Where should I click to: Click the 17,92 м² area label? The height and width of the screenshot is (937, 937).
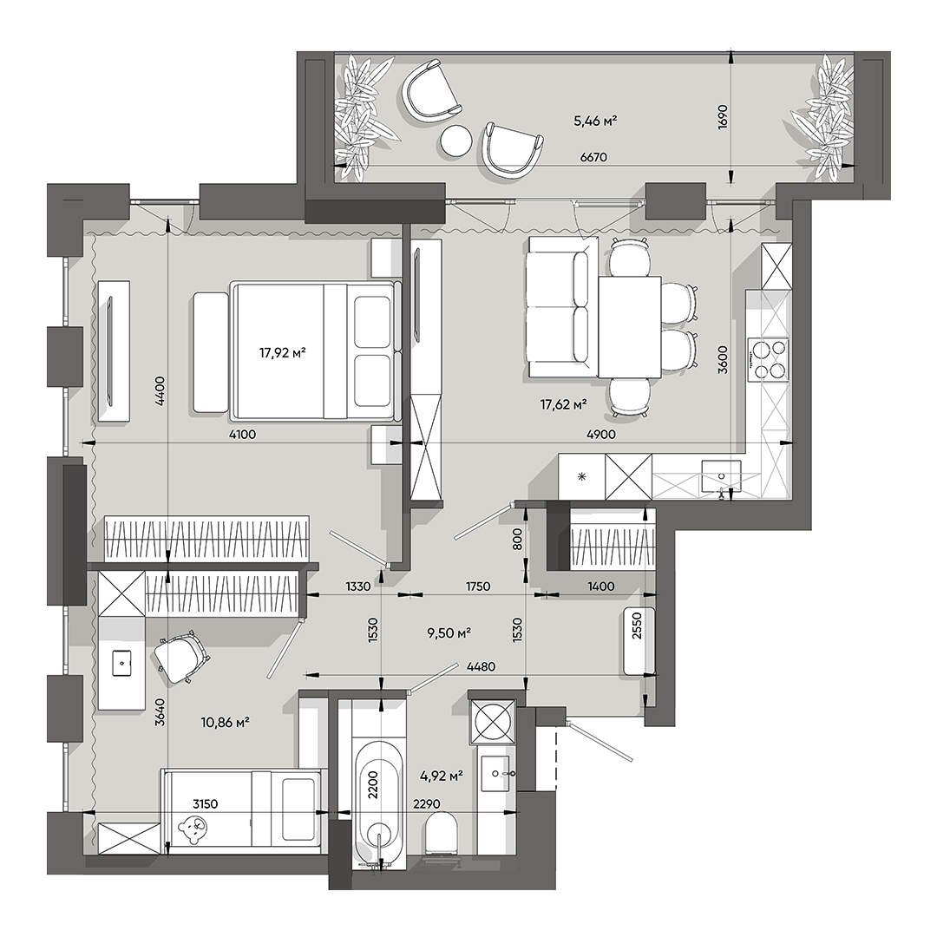pyautogui.click(x=282, y=353)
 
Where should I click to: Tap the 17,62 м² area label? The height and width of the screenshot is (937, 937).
pyautogui.click(x=563, y=403)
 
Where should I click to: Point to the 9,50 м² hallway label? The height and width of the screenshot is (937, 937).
pyautogui.click(x=448, y=632)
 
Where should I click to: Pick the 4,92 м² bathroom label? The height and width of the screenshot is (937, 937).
pyautogui.click(x=439, y=776)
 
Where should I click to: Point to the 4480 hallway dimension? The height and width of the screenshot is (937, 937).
pyautogui.click(x=481, y=667)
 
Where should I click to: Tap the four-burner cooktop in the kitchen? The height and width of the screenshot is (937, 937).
pyautogui.click(x=770, y=359)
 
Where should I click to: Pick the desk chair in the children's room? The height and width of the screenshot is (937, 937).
pyautogui.click(x=182, y=657)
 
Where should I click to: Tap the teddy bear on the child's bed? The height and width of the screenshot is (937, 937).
pyautogui.click(x=192, y=831)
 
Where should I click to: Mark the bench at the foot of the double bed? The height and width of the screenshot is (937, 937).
pyautogui.click(x=209, y=352)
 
